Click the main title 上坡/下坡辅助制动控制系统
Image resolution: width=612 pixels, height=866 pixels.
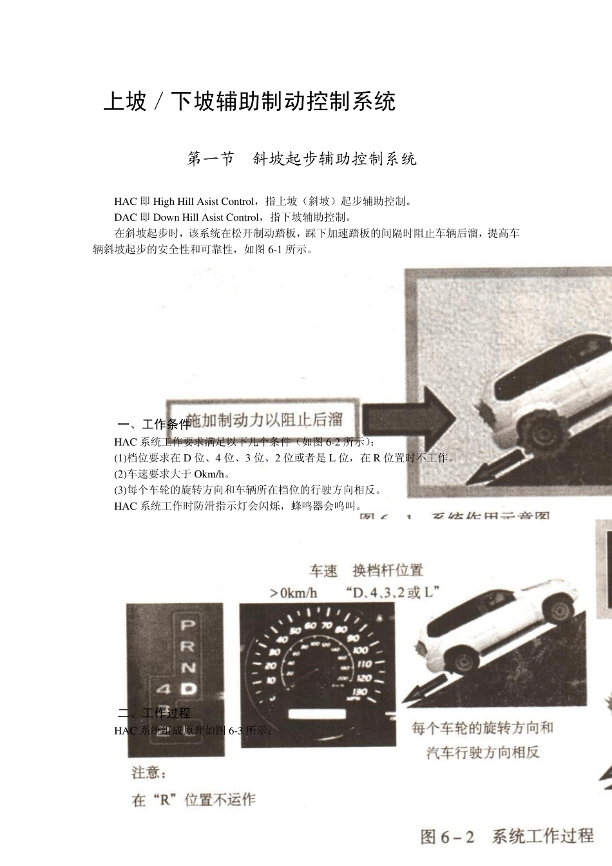[249, 101]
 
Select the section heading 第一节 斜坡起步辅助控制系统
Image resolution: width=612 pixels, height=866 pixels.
[301, 159]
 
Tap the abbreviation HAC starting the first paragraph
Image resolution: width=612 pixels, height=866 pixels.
[125, 202]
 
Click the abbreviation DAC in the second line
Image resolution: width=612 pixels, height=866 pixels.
[125, 217]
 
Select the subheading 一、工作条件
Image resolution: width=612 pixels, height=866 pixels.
[154, 424]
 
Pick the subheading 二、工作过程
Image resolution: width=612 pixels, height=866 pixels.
[154, 713]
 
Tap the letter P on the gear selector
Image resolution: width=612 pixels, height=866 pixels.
[187, 624]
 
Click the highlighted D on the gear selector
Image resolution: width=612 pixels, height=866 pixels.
[187, 688]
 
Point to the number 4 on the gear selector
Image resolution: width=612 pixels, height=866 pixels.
[162, 689]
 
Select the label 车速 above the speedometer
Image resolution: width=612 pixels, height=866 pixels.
[323, 571]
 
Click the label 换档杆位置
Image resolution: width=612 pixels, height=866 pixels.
[388, 570]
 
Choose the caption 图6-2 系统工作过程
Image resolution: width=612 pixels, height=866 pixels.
[507, 836]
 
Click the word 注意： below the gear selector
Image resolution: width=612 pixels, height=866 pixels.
[149, 772]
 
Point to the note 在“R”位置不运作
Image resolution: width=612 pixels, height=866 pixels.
[193, 800]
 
